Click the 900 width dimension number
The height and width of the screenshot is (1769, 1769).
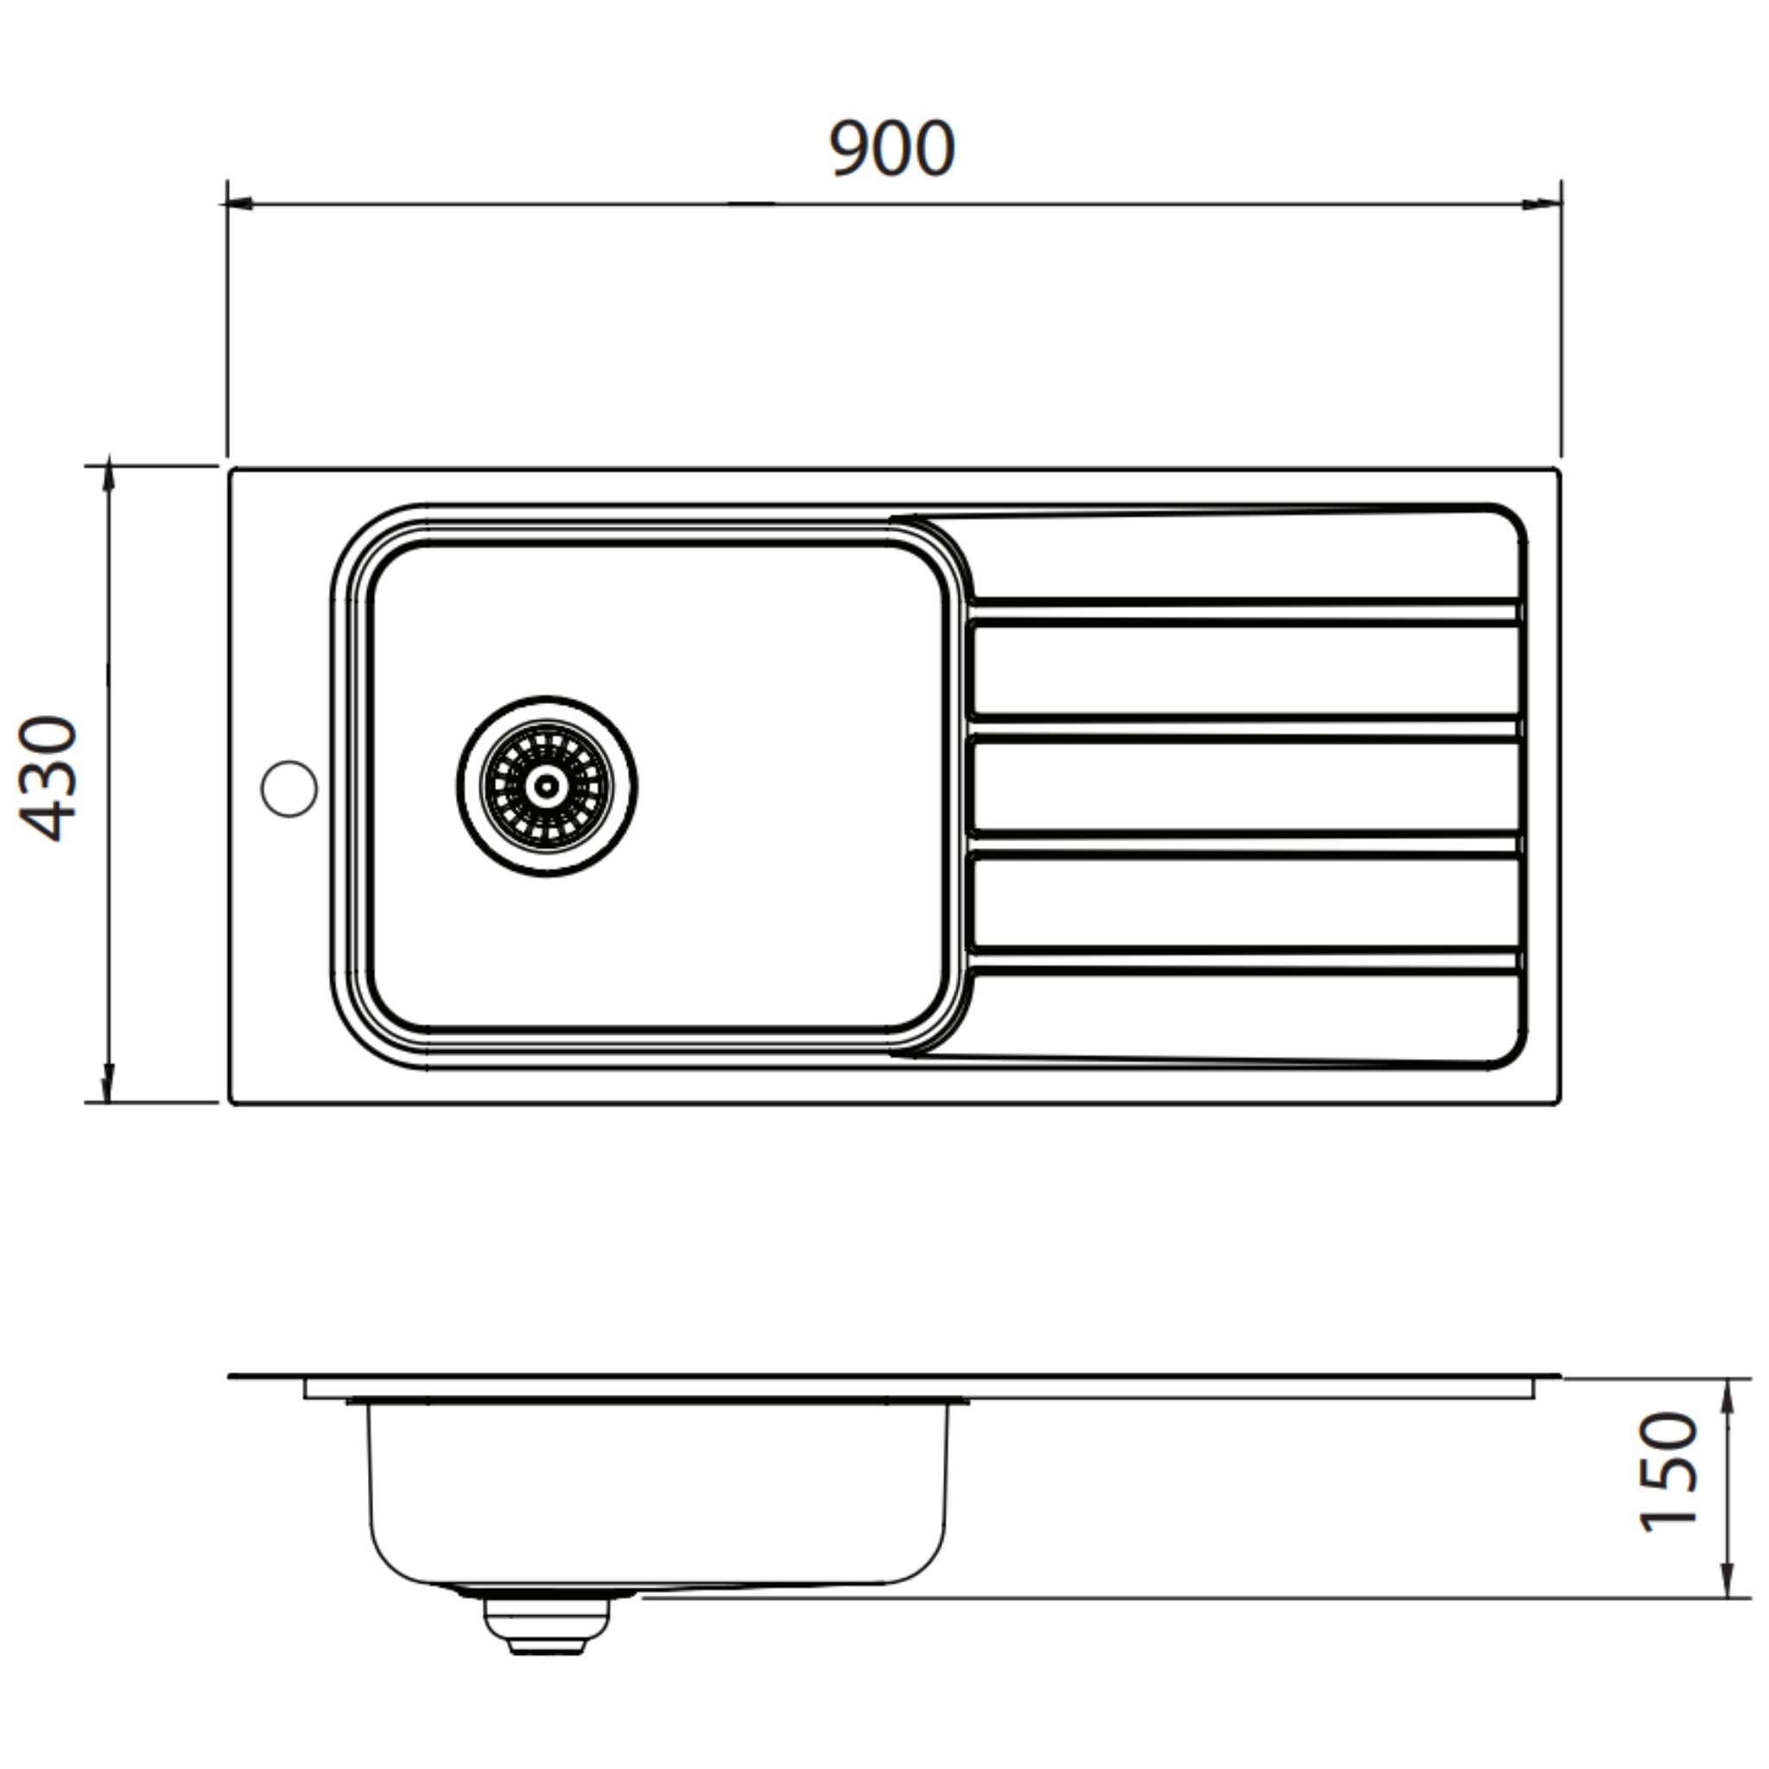[x=891, y=149]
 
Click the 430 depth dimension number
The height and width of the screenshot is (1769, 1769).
[x=49, y=778]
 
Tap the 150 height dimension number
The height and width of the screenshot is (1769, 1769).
[x=1668, y=1473]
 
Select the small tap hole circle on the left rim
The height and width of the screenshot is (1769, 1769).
[x=289, y=789]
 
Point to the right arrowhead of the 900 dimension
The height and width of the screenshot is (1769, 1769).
[x=1547, y=203]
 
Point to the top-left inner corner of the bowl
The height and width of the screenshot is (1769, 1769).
[x=392, y=561]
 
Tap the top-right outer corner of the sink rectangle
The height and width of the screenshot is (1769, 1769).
[x=1557, y=471]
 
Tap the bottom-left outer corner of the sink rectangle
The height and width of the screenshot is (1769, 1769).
[x=231, y=1102]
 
